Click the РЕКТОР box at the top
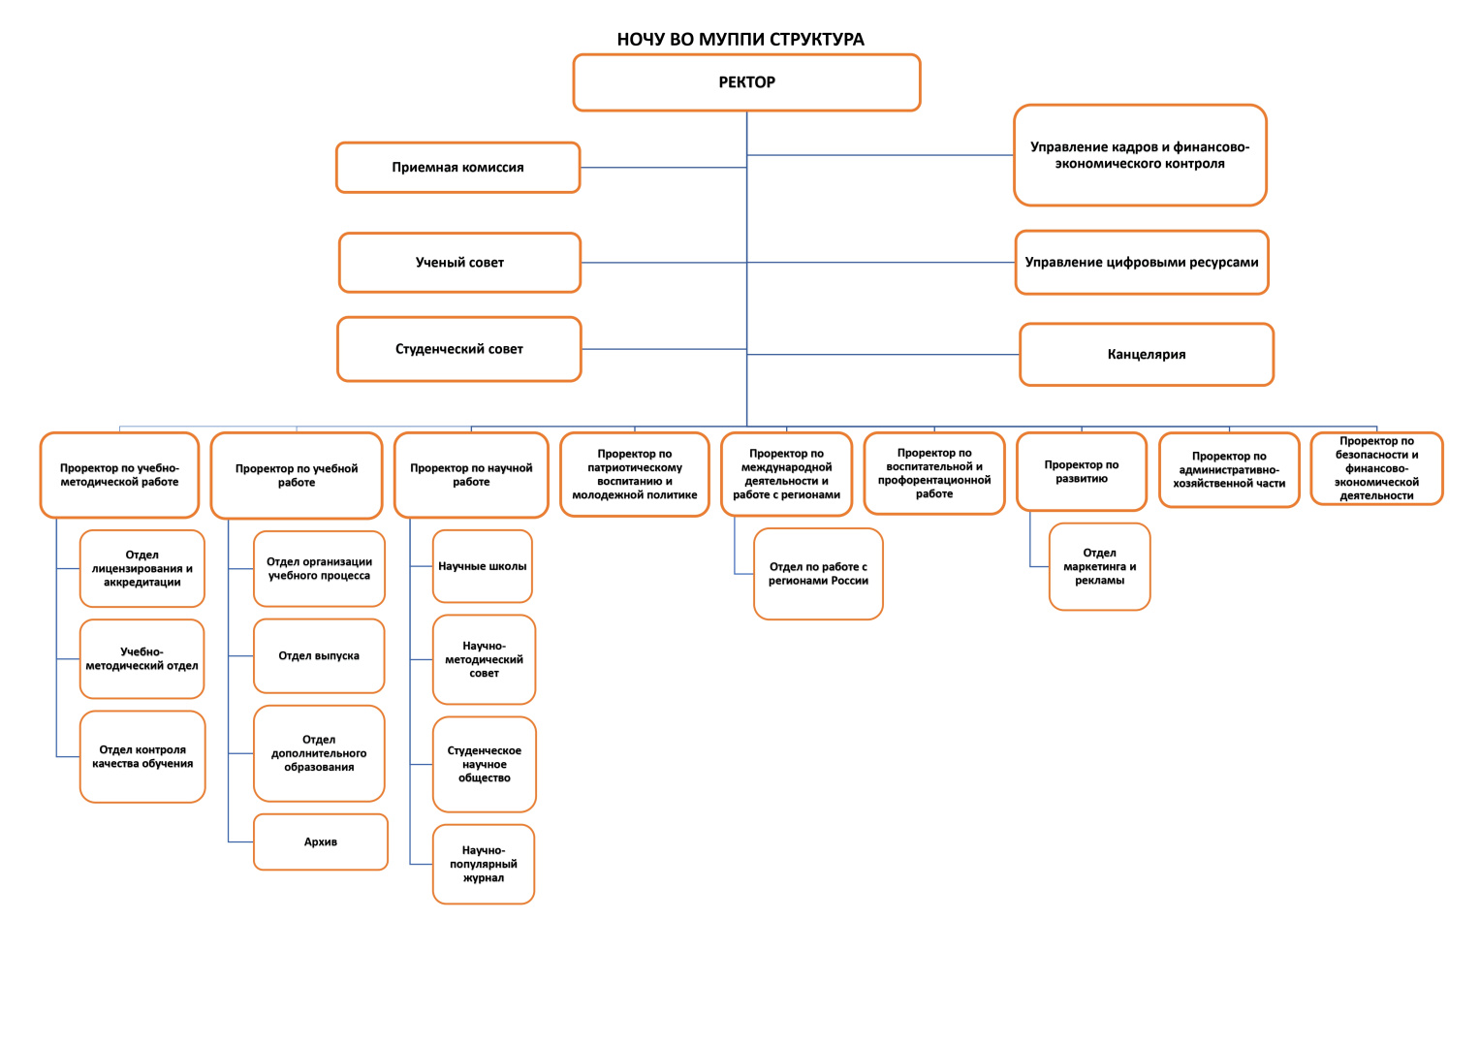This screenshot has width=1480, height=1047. [746, 82]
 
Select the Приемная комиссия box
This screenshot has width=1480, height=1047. [457, 167]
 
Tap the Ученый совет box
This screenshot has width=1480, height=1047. [459, 263]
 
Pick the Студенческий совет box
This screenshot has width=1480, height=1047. [459, 349]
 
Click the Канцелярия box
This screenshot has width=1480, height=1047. [1147, 354]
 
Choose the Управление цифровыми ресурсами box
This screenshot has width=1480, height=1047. [1142, 263]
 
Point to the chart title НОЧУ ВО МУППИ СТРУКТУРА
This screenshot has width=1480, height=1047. [740, 39]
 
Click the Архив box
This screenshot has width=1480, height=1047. [321, 841]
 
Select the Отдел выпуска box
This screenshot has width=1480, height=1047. [319, 655]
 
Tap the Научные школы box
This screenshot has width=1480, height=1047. [483, 566]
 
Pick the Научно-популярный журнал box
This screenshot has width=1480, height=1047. [484, 864]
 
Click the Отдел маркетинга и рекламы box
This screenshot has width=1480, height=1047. [1099, 566]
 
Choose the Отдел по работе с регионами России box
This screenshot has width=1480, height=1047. [818, 574]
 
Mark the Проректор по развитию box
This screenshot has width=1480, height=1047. [1082, 471]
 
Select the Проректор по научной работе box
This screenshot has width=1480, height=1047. [471, 475]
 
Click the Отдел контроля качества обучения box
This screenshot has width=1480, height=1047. [142, 757]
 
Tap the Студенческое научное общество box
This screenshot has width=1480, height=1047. [485, 764]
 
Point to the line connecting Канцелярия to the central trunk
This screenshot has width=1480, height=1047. [883, 354]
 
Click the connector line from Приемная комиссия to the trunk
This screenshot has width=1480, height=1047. [663, 167]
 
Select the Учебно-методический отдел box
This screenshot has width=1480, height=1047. [142, 658]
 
